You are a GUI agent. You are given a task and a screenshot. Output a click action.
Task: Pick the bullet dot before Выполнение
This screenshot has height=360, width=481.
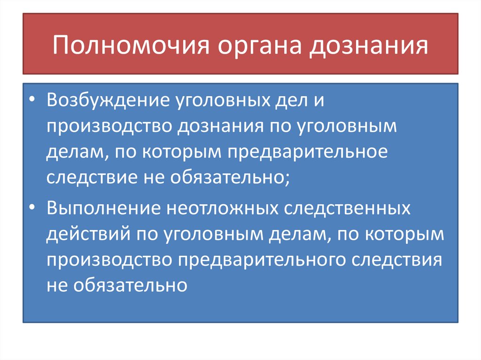(31, 208)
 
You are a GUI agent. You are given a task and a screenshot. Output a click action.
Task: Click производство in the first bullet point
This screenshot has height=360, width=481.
(107, 127)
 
